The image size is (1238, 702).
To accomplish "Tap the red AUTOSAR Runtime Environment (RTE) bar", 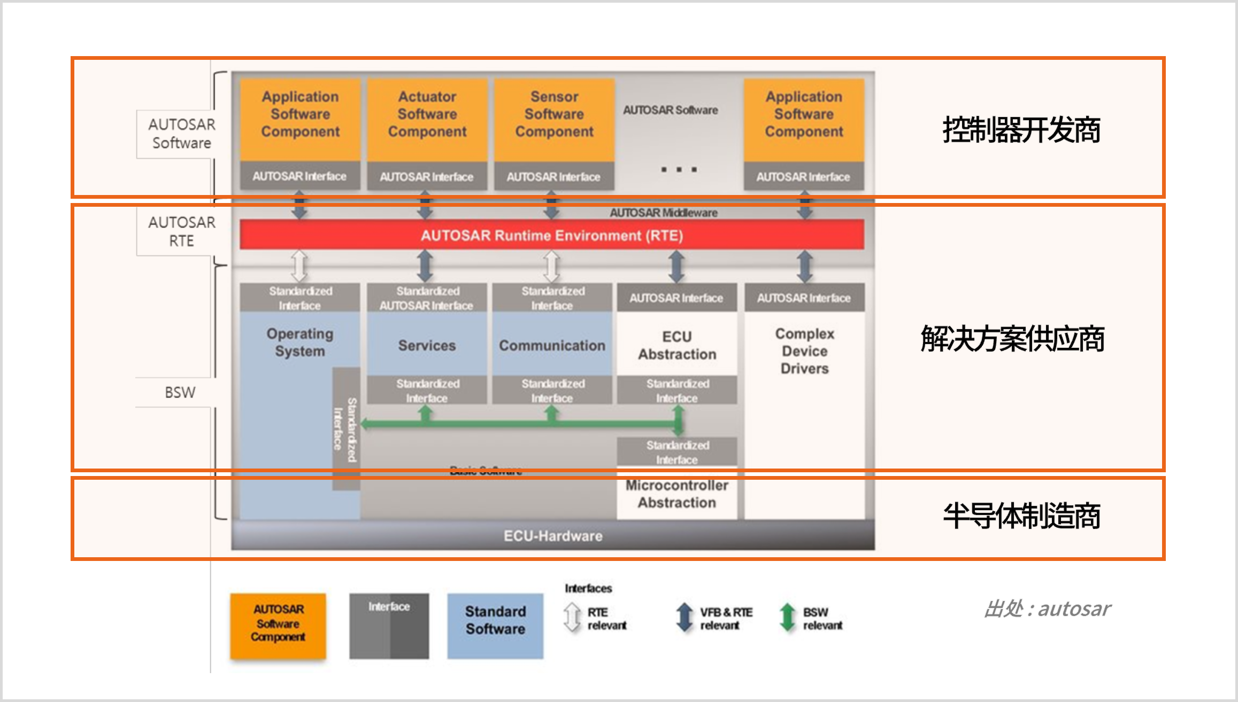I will (551, 235).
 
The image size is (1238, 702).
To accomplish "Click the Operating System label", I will (299, 342).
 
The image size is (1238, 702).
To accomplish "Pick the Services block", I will (427, 345).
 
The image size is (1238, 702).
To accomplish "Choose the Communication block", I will (552, 345).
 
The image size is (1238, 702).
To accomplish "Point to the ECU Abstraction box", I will (676, 345).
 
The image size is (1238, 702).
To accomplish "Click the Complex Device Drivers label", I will (804, 351).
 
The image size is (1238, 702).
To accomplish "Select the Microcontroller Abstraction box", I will (676, 494).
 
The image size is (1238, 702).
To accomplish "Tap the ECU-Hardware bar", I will (552, 536).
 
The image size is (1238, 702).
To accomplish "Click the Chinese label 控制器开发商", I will (1021, 130).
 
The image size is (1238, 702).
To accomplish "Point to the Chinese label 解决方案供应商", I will (1012, 339).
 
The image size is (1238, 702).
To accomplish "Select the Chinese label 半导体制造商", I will (1021, 516).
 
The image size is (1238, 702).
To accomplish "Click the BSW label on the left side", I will (180, 393).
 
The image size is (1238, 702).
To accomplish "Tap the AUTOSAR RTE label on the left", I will (181, 231).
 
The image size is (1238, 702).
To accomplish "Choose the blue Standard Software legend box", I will (495, 626).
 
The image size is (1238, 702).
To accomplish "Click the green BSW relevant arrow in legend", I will (787, 618).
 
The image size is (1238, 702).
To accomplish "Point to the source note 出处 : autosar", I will (1047, 609).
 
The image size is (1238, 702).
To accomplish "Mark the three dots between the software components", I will (679, 169).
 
